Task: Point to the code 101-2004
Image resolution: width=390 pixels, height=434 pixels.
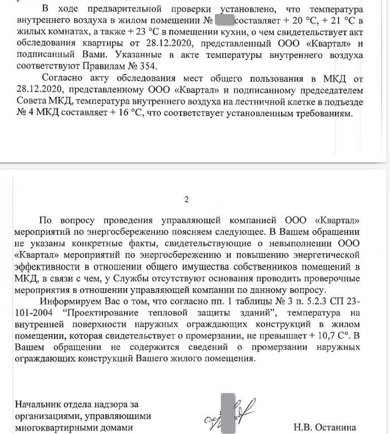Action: tap(35, 313)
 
